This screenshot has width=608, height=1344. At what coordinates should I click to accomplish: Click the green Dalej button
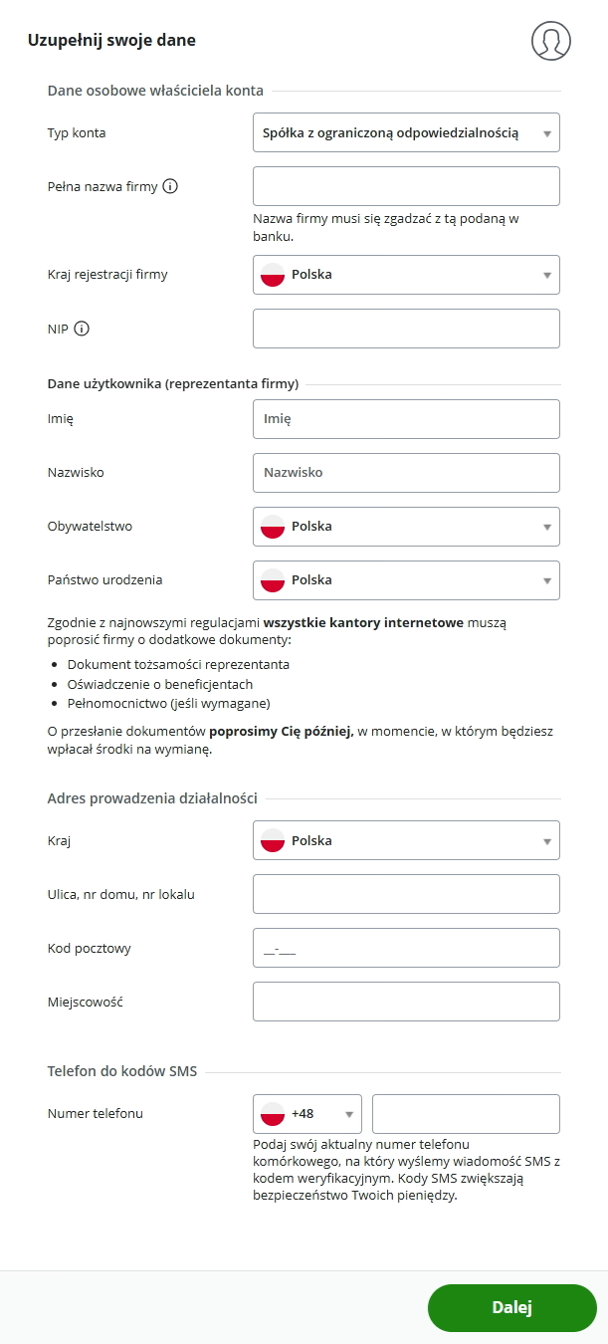pos(511,1307)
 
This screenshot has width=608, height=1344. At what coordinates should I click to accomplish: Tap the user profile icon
pos(551,41)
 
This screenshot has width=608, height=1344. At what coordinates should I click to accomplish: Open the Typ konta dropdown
pos(406,132)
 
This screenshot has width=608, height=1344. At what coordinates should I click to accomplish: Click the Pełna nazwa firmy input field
pos(406,186)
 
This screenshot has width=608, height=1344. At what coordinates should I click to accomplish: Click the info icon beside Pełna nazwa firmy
pos(170,186)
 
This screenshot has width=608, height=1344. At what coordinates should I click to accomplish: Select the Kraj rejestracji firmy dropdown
pos(406,275)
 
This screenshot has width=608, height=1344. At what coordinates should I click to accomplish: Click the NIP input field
pos(406,329)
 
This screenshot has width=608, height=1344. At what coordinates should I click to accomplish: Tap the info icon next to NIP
pos(82,329)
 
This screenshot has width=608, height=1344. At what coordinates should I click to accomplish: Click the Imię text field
pos(406,419)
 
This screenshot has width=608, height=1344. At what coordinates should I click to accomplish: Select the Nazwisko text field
pos(406,473)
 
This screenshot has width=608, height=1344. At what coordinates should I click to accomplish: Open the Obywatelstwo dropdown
pos(406,527)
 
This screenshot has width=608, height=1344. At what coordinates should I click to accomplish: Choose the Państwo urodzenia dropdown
pos(406,580)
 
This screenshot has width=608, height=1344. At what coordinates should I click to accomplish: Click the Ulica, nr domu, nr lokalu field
pos(406,894)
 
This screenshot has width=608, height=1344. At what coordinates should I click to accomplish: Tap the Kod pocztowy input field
pos(406,948)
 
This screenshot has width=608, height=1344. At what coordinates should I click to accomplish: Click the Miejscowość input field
pos(406,1002)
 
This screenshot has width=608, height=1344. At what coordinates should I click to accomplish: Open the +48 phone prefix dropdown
pos(307,1114)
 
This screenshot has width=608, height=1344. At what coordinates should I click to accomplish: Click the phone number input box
pos(466,1114)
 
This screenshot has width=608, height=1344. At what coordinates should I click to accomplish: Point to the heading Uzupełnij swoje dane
pos(112,41)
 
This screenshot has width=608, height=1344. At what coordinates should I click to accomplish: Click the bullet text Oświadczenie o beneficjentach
pos(160,684)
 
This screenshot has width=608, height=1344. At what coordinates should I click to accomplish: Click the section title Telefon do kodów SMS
pos(122,1072)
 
